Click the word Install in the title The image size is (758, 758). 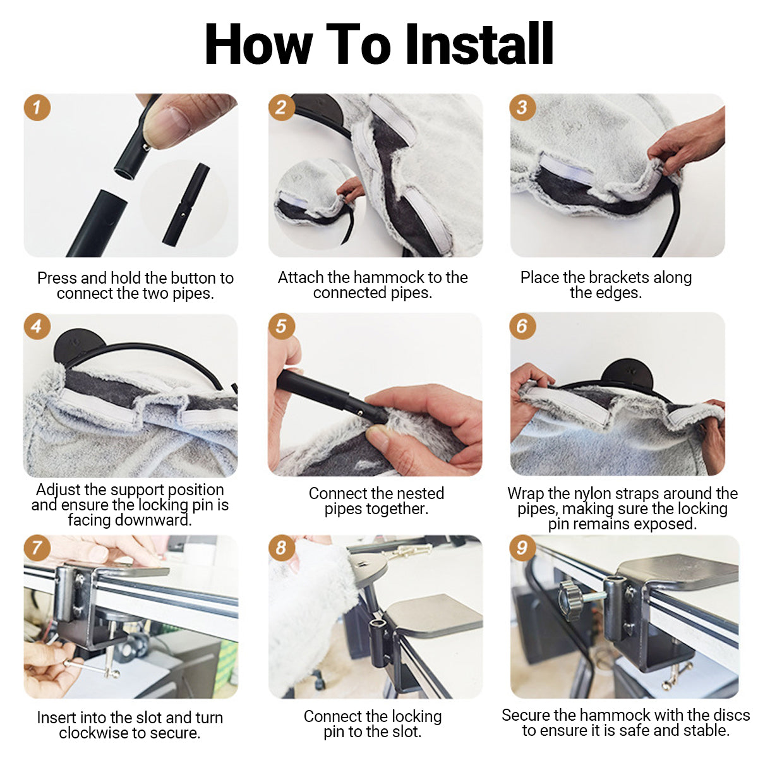coord(479,44)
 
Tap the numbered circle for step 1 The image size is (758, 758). coord(37,107)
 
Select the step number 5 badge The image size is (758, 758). coord(282,326)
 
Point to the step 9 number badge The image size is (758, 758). coord(523,548)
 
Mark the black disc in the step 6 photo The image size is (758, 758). coord(628,375)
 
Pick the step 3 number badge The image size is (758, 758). coord(523,107)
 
